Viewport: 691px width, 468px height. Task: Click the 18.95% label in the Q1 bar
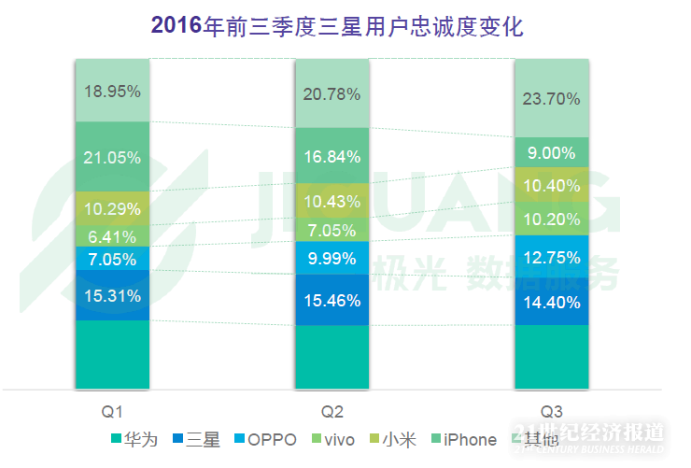point(112,92)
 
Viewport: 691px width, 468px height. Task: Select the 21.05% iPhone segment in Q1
point(112,157)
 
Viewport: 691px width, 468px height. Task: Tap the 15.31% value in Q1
point(112,296)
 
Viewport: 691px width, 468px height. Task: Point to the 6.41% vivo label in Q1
point(112,236)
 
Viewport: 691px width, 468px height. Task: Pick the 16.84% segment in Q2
point(331,156)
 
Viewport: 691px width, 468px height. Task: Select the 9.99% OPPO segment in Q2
point(331,258)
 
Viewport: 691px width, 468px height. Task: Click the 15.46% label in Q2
point(331,301)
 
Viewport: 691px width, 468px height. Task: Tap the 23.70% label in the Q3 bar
point(552,98)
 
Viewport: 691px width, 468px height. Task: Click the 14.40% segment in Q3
point(552,302)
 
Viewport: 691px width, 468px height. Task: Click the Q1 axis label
point(112,410)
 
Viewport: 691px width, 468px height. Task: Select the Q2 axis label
point(332,410)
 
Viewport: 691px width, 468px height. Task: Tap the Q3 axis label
point(552,410)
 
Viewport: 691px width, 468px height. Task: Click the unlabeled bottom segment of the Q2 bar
point(331,357)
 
